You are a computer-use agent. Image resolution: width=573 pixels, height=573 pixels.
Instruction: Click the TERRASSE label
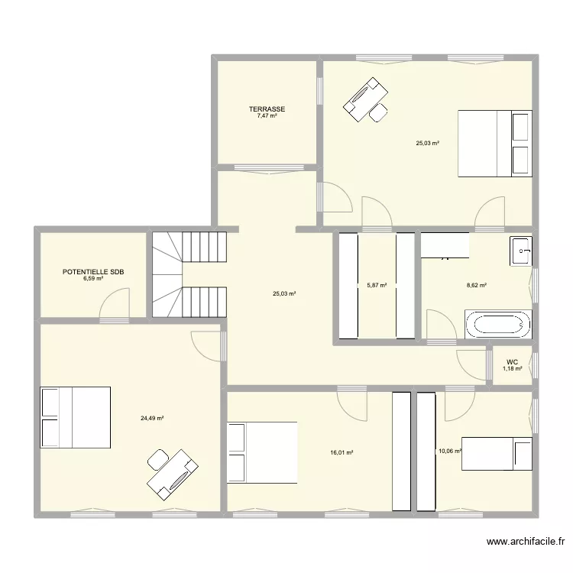coord(267,109)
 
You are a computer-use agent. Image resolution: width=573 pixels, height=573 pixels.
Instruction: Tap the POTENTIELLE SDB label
coord(93,272)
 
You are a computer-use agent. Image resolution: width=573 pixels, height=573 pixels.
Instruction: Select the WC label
coord(512,362)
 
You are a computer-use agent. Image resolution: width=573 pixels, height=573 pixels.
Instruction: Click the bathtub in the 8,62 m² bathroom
coord(498,324)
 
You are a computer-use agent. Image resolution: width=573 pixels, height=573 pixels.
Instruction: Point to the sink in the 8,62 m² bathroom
coord(521,251)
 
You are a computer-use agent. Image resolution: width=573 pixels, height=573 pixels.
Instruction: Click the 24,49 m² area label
coord(152,419)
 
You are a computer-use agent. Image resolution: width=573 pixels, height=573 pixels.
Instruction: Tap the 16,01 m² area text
coord(342,452)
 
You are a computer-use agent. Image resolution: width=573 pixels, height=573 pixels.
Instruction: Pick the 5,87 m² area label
coord(377,285)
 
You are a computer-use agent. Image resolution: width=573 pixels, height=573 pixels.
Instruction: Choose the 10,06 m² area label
coord(450,451)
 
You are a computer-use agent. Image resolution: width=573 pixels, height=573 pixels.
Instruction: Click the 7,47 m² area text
coord(267,115)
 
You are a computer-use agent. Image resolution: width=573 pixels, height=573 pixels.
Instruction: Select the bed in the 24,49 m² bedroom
coord(76,417)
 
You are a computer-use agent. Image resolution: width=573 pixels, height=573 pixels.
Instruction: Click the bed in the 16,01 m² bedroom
coord(262,453)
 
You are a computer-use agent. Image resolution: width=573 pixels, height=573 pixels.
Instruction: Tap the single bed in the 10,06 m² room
coord(497,454)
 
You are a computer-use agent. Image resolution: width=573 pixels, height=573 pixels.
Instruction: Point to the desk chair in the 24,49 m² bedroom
coord(158,459)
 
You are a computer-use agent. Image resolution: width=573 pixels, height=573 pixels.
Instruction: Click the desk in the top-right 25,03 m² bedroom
coord(365,99)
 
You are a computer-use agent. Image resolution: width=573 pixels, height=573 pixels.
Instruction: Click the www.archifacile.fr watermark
coord(526,541)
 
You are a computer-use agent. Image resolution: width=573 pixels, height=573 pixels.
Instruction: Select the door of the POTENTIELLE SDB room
coord(115,303)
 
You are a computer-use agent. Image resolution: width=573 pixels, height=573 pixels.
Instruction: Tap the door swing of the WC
coord(471,365)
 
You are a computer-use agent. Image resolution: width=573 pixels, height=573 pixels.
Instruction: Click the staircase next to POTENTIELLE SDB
coord(189,274)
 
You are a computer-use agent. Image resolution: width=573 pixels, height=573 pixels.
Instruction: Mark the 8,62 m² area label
coord(477,285)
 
